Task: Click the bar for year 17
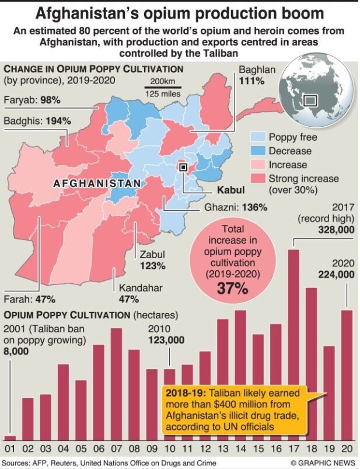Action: [294, 345]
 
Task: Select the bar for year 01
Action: [10, 437]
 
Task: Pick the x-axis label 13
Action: [223, 450]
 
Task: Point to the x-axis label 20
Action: [347, 450]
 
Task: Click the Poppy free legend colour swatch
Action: [258, 137]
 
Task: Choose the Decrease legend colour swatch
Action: [258, 151]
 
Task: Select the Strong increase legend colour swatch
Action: [258, 178]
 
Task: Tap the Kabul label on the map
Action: [230, 190]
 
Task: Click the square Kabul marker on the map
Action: [183, 167]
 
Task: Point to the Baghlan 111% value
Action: [251, 80]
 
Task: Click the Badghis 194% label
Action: [37, 121]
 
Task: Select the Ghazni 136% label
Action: [236, 207]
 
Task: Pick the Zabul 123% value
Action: [152, 265]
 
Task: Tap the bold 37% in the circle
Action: [233, 288]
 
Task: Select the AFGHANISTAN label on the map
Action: [97, 183]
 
